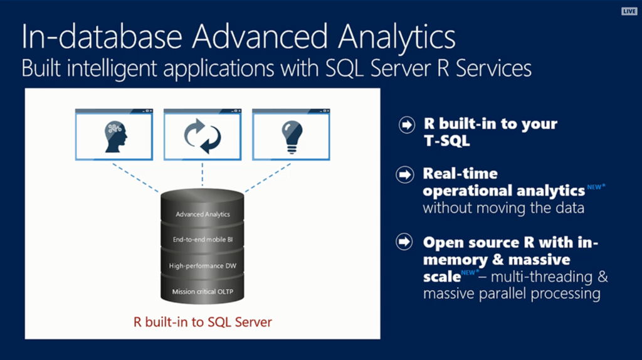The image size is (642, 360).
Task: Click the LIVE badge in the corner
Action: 629,11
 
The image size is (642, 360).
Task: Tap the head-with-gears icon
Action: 115,136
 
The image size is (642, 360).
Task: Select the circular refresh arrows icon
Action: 203,136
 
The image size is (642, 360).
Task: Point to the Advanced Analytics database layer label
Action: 203,214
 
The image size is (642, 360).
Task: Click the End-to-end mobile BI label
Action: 203,240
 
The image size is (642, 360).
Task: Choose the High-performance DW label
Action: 203,266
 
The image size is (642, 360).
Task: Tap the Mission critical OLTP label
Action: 203,292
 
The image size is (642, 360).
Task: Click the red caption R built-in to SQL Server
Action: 203,322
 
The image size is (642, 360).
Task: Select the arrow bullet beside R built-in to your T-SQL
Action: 406,125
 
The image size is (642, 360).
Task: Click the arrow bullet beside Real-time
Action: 404,175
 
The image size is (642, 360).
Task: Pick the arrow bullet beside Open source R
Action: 404,241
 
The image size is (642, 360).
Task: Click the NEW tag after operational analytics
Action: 596,187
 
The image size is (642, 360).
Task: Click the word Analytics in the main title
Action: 396,37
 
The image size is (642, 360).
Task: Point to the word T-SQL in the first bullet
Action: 446,141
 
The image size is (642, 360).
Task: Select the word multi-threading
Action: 541,277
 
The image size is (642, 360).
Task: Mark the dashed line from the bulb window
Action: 268,177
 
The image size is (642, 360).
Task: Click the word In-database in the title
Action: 102,36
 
